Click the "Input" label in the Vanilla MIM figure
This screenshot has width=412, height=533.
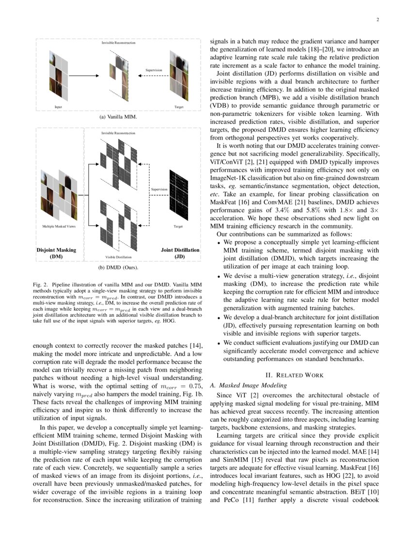tap(58, 107)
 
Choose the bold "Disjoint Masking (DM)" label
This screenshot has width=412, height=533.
tap(56, 253)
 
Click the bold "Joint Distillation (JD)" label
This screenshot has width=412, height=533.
tap(180, 253)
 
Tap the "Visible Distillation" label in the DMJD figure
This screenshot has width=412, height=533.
tap(119, 257)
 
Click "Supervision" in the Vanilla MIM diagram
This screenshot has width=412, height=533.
tap(154, 71)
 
